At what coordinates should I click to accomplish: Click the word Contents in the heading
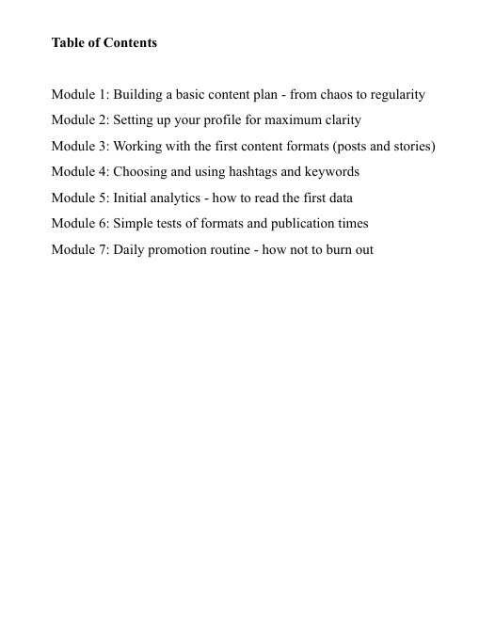click(x=128, y=43)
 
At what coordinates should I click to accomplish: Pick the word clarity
click(x=340, y=120)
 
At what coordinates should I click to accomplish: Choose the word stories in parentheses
click(x=411, y=147)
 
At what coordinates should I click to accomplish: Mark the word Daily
click(x=130, y=249)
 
